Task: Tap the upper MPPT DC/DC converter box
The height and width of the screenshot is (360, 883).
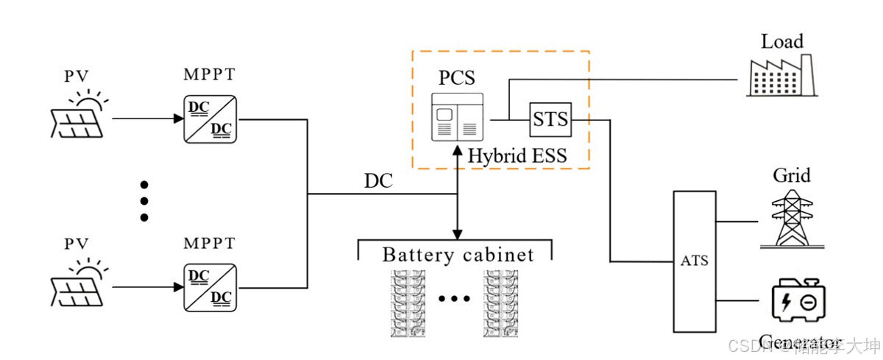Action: pos(210,118)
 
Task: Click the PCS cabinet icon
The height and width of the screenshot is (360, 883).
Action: pos(457,116)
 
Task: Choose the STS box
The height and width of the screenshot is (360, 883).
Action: pos(550,118)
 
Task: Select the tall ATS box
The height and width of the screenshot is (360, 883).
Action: pos(694,261)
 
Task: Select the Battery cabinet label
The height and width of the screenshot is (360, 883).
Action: pos(457,255)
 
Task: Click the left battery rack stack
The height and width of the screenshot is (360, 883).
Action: pos(408,303)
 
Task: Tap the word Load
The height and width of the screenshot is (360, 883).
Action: pos(782,41)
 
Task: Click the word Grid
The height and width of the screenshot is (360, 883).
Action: pos(792,176)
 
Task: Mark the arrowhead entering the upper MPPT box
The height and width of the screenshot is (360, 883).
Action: pos(177,118)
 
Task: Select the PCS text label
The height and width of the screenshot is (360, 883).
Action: pos(456,77)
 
